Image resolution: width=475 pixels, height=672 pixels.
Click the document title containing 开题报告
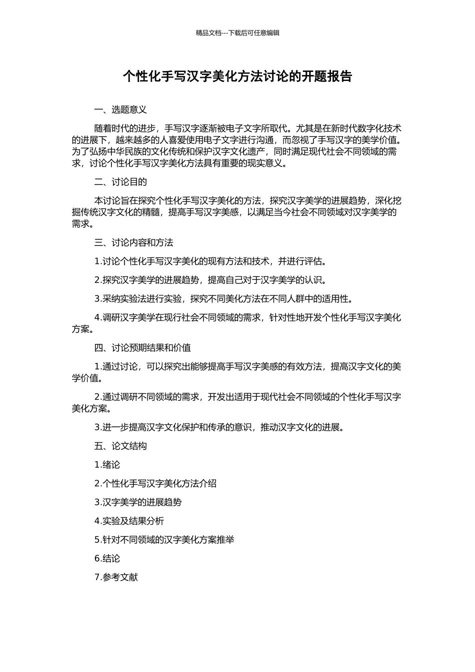coord(237,76)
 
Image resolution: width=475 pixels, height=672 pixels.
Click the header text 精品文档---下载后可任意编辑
coord(237,33)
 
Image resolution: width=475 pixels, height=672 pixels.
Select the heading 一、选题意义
coord(120,110)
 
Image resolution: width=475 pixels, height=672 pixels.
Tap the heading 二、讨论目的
coord(120,182)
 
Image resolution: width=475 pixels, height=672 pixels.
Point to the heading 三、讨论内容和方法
coord(133,243)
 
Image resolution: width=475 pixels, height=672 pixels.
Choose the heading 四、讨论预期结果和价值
coord(142,348)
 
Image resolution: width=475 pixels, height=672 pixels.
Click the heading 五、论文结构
coord(120,446)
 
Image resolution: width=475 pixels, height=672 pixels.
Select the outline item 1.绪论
coord(107,465)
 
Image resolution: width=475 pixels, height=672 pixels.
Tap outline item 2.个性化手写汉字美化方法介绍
coord(155,483)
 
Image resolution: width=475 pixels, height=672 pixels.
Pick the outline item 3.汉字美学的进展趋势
coord(137,502)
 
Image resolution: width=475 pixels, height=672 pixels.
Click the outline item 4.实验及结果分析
coord(129,521)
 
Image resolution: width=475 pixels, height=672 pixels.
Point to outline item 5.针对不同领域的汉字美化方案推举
coord(164,540)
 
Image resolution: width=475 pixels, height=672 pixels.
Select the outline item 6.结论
coord(107,558)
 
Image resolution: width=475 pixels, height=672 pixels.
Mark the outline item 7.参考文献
coord(116,577)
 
